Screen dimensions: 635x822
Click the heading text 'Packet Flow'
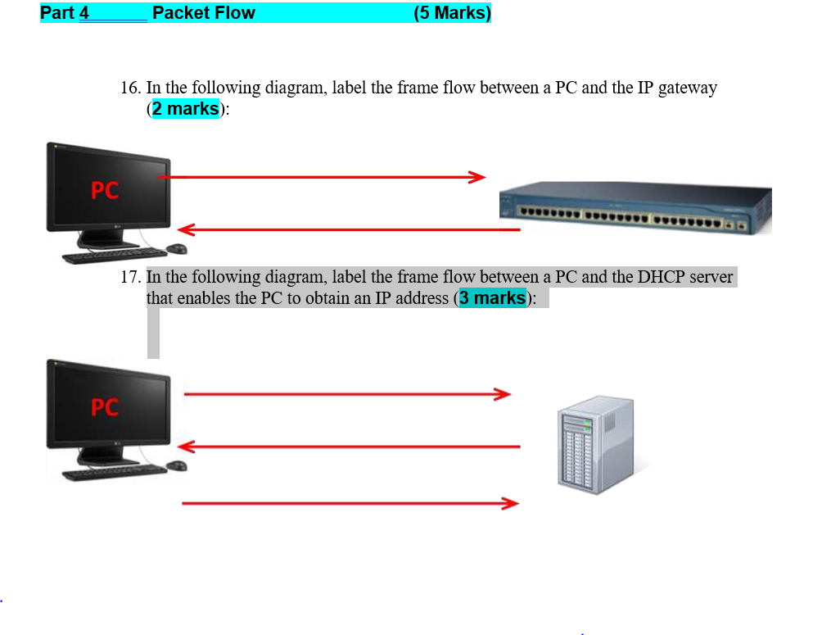click(204, 13)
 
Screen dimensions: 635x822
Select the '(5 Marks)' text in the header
click(452, 13)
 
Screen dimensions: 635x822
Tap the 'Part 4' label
click(65, 13)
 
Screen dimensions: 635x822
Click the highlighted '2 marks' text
click(185, 109)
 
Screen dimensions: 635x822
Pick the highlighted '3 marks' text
click(492, 298)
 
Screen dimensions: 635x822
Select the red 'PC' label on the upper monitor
click(105, 191)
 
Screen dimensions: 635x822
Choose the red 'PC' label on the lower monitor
click(105, 407)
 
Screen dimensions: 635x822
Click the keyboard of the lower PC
click(115, 473)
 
